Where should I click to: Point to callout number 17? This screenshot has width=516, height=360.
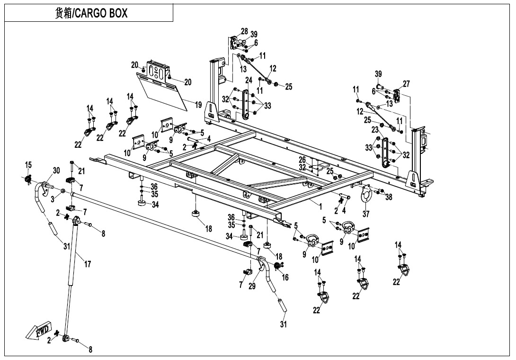[88, 264]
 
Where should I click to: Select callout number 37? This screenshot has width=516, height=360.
[366, 214]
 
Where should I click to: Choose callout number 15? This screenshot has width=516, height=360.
[28, 164]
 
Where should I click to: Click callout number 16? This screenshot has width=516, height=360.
[285, 278]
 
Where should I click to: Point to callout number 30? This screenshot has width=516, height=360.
[56, 171]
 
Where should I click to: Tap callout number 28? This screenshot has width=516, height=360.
[244, 31]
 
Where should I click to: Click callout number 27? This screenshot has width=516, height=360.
[406, 84]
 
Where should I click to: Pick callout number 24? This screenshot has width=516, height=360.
[249, 80]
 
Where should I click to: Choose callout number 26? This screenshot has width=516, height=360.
[302, 160]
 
